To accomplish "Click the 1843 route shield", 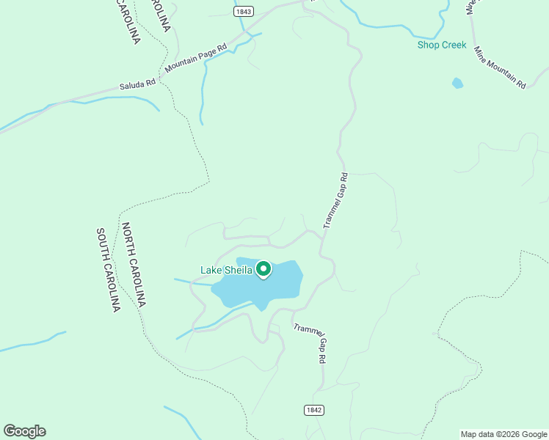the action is click(244, 12).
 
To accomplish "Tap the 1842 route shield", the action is click(313, 411).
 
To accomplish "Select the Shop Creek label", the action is click(442, 45).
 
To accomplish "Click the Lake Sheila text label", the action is click(226, 271).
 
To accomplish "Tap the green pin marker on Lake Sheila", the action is click(263, 270).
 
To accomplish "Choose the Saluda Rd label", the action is click(137, 84).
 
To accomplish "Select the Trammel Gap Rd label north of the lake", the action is click(335, 200).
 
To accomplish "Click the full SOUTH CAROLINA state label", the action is click(107, 270).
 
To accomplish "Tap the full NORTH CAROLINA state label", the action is click(134, 265).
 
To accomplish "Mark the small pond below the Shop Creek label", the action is click(458, 83).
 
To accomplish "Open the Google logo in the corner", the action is click(25, 431).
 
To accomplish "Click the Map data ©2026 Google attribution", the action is click(504, 434).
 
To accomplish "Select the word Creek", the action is click(454, 45).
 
